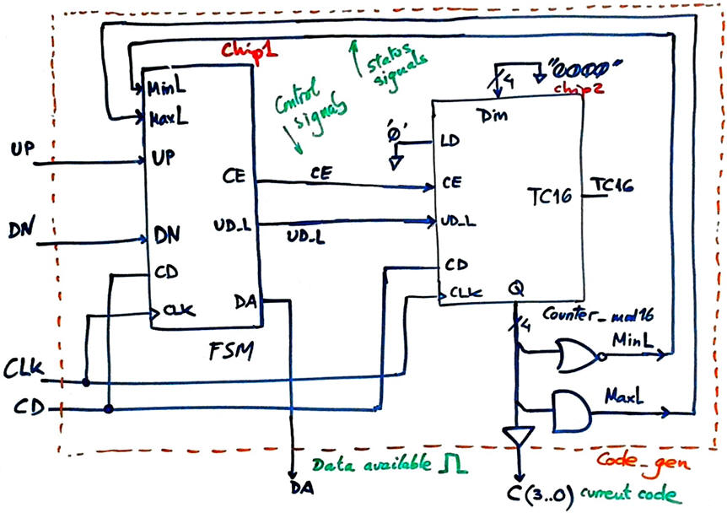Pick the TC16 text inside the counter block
[x=550, y=197]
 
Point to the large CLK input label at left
[x=30, y=368]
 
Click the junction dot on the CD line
[x=110, y=409]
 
